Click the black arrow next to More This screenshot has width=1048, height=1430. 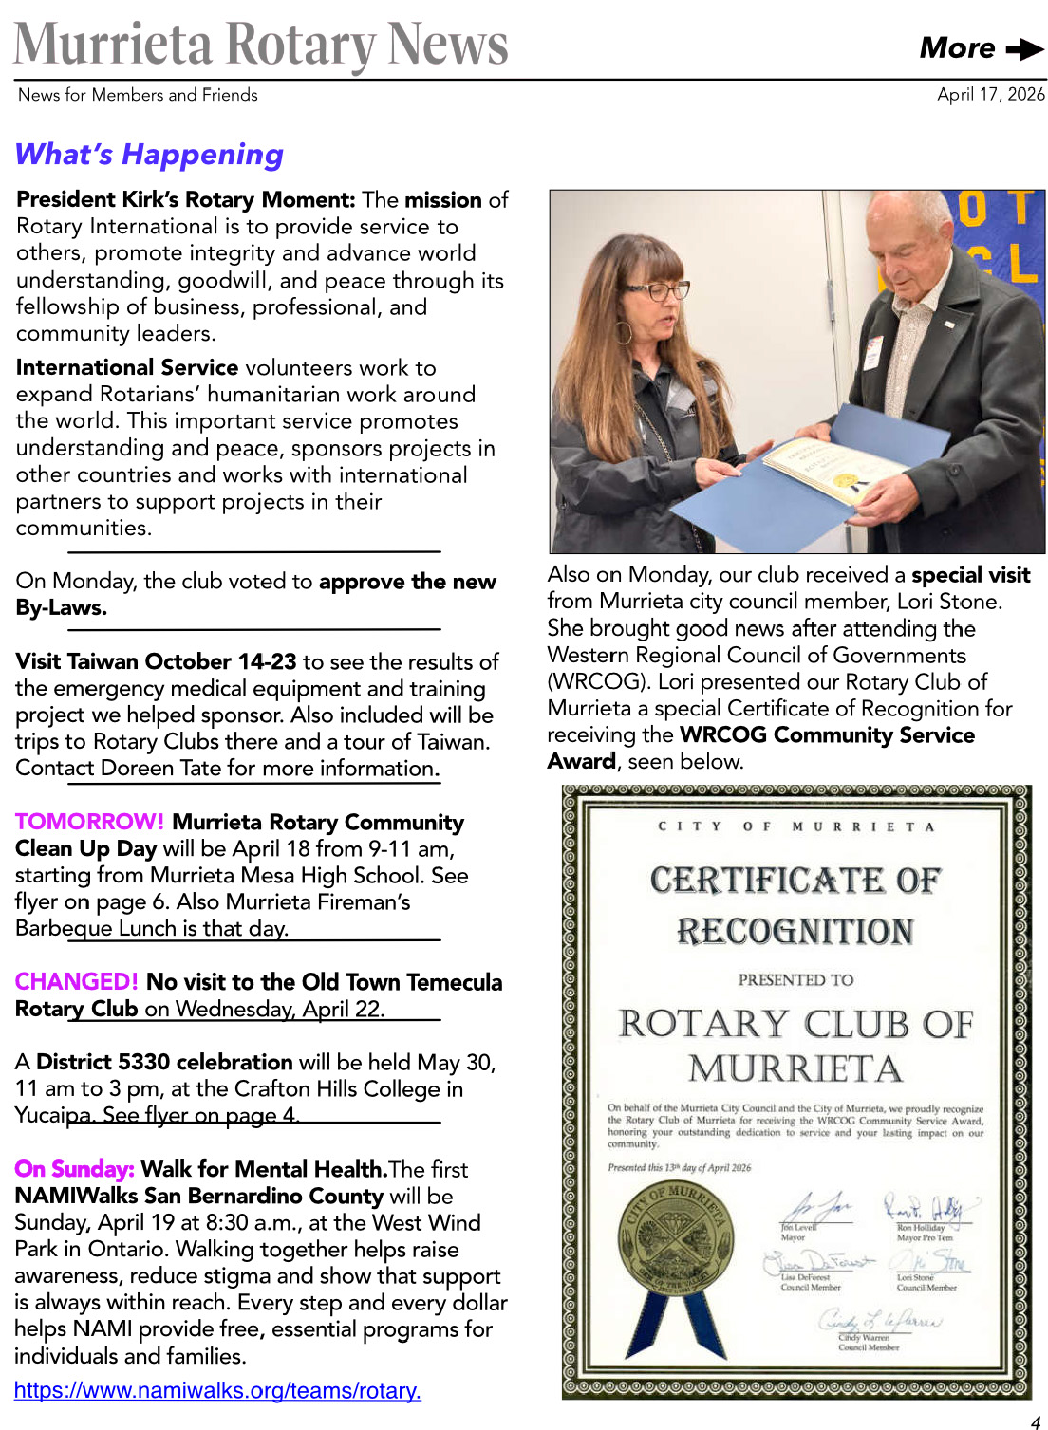1024,48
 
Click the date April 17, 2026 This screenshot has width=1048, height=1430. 990,94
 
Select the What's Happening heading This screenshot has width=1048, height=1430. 149,154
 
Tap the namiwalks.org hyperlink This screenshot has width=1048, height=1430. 217,1390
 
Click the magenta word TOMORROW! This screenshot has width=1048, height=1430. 89,822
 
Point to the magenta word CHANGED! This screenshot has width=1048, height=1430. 76,981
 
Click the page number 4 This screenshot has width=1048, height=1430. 1035,1421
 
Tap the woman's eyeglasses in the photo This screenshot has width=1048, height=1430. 657,290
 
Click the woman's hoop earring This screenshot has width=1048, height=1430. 625,331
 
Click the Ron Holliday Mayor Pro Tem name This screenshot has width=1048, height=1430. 920,1227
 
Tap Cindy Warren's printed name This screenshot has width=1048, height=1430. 864,1338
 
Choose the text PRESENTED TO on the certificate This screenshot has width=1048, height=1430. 795,979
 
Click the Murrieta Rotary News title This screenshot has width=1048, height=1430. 261,44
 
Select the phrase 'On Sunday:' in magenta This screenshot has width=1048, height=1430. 74,1168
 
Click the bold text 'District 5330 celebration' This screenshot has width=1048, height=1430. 164,1061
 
